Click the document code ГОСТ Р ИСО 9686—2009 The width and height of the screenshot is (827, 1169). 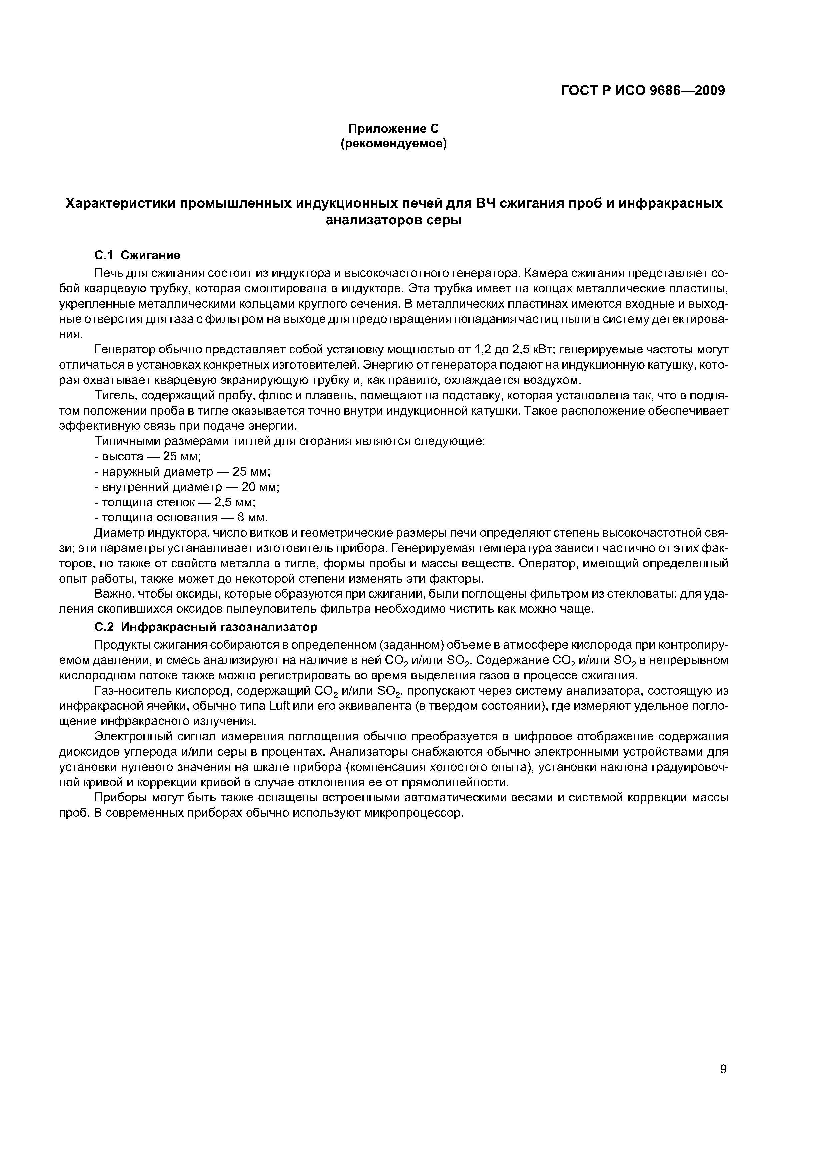click(643, 91)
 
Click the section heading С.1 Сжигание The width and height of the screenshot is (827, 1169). click(138, 255)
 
